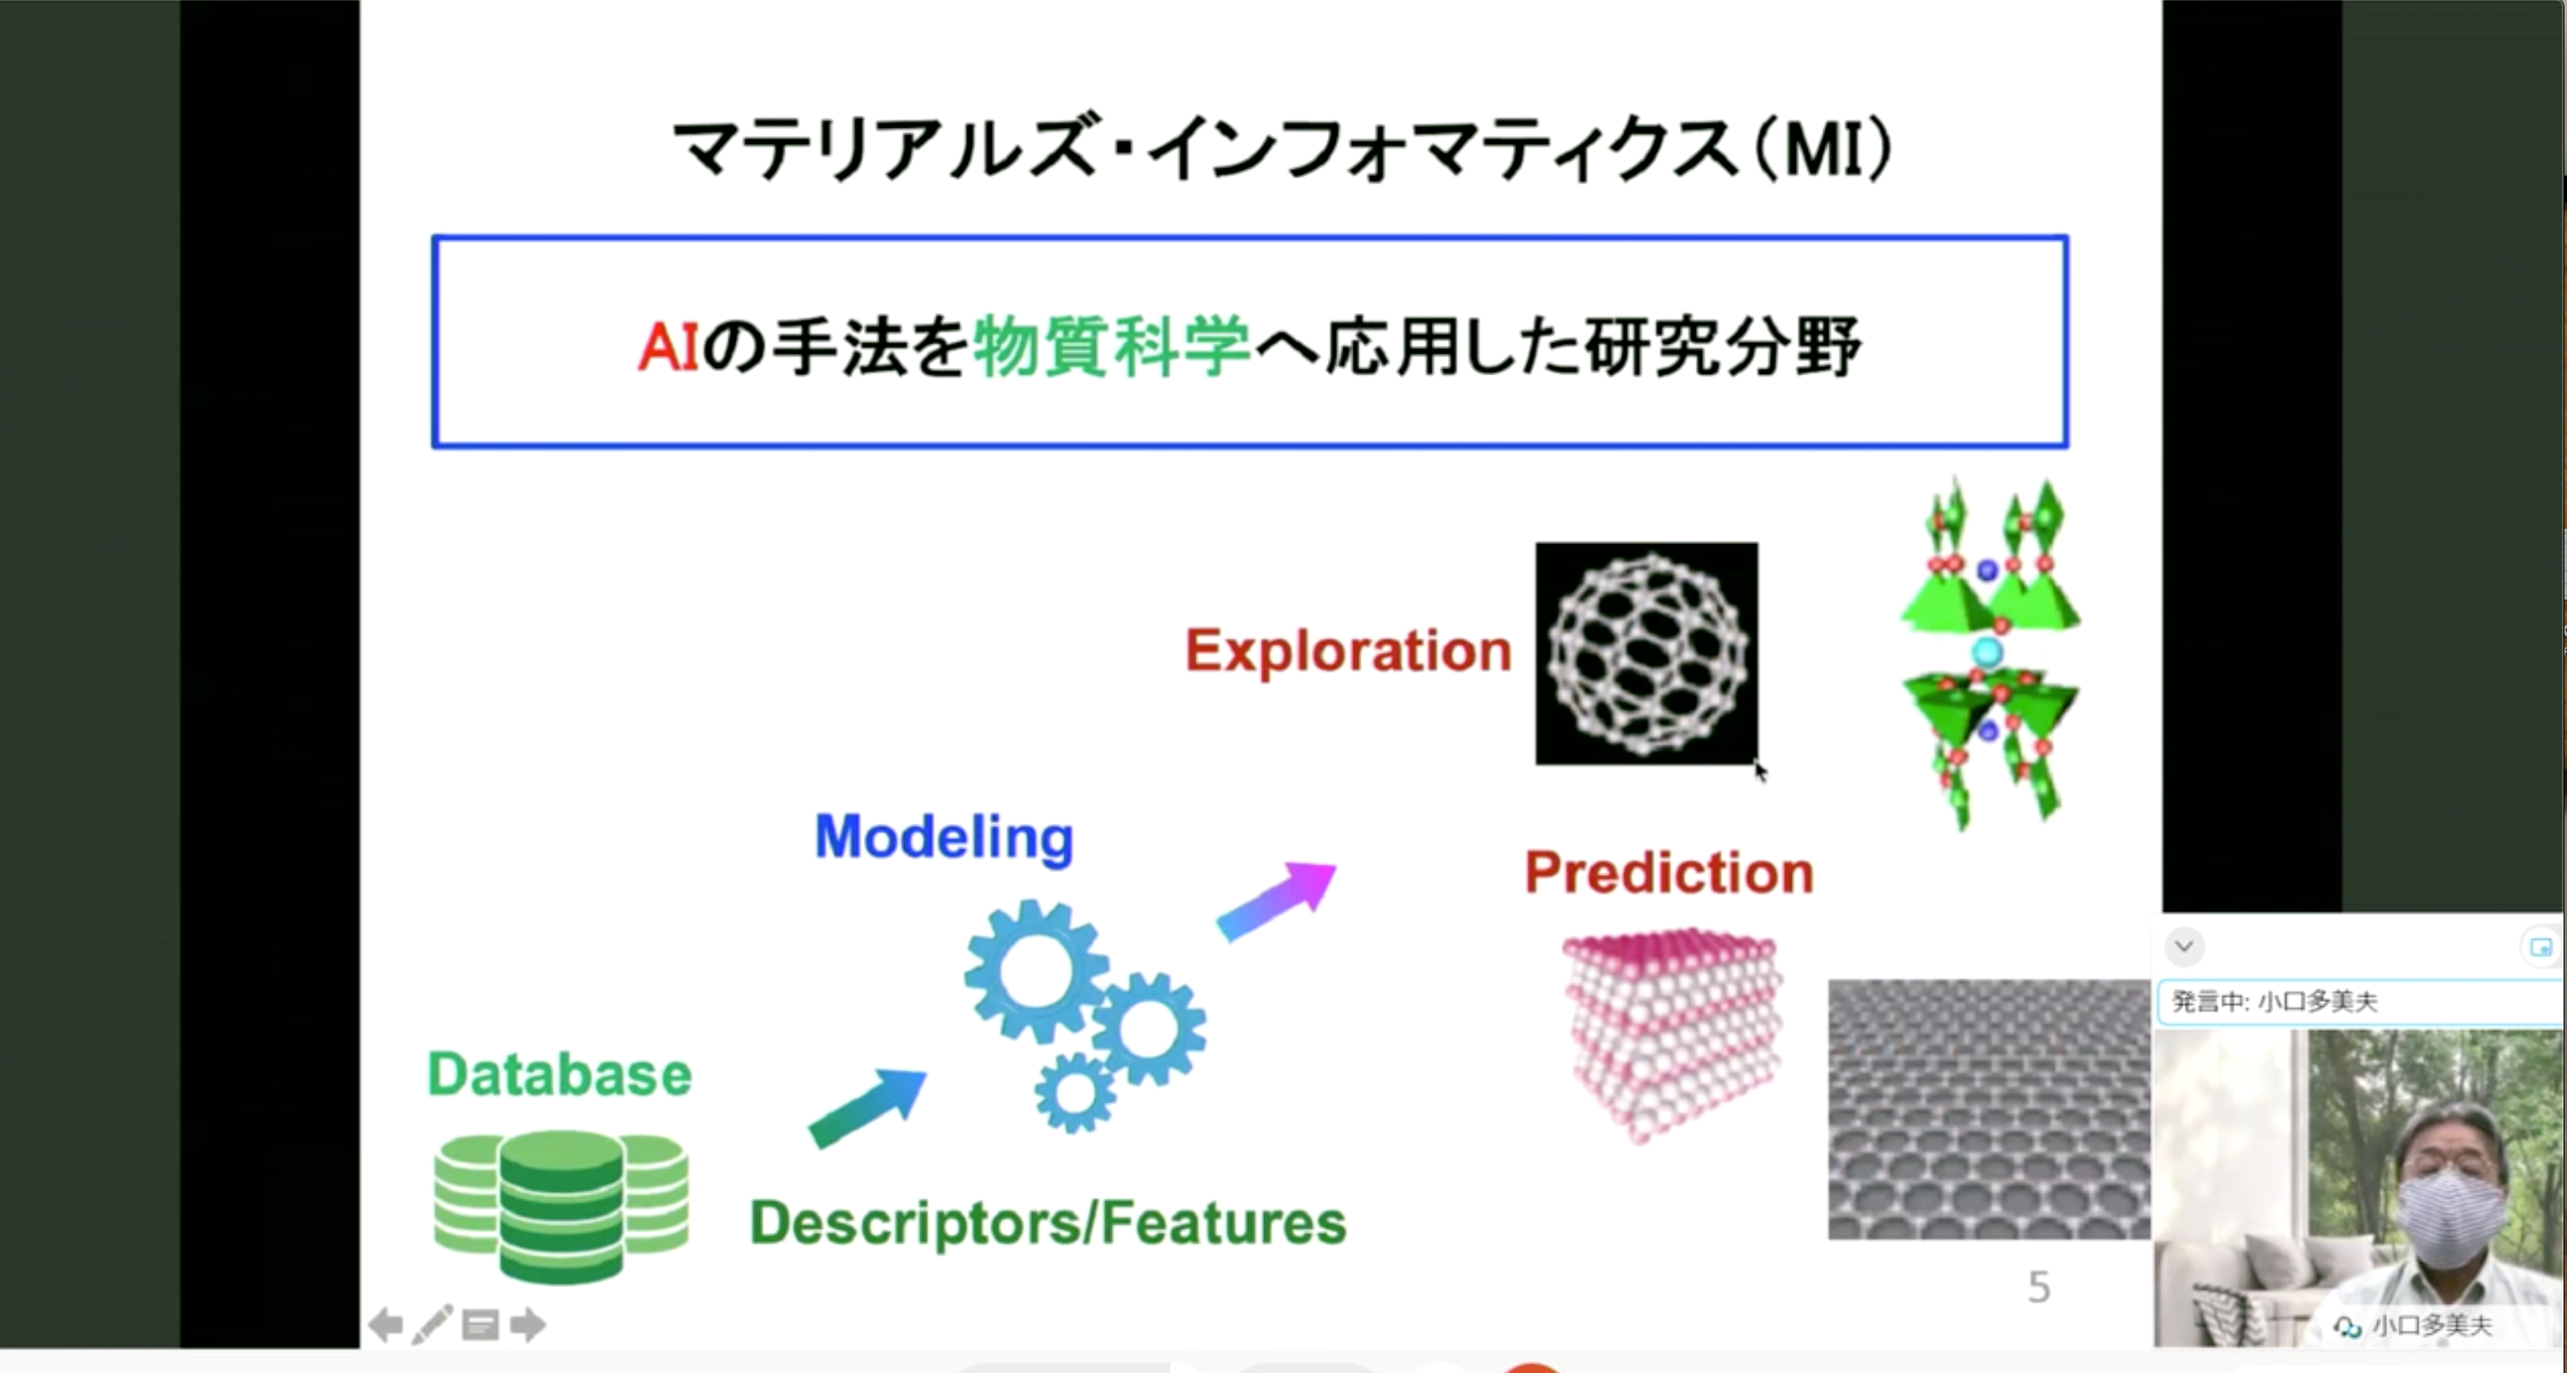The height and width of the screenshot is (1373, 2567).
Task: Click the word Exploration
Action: point(1347,652)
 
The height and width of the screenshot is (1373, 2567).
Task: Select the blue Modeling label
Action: point(944,838)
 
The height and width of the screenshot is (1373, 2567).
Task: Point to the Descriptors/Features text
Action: point(1047,1224)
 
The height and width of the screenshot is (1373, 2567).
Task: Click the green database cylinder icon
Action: point(561,1206)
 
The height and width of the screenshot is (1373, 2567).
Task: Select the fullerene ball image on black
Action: point(1646,653)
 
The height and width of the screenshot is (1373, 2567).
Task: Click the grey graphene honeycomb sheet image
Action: point(1988,1109)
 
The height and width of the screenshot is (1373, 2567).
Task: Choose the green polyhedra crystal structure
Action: point(1990,652)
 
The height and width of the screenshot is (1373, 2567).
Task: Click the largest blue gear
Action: point(1036,971)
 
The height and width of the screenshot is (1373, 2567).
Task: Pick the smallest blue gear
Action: point(1075,1094)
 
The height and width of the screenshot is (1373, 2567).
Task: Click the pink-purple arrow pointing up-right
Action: point(1277,901)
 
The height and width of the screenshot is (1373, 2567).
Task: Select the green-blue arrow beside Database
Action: point(867,1108)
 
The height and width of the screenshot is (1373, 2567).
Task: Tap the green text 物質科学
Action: point(1111,347)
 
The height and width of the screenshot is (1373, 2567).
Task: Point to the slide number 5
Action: point(2039,1288)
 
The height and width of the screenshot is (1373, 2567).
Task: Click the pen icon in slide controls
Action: point(432,1324)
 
